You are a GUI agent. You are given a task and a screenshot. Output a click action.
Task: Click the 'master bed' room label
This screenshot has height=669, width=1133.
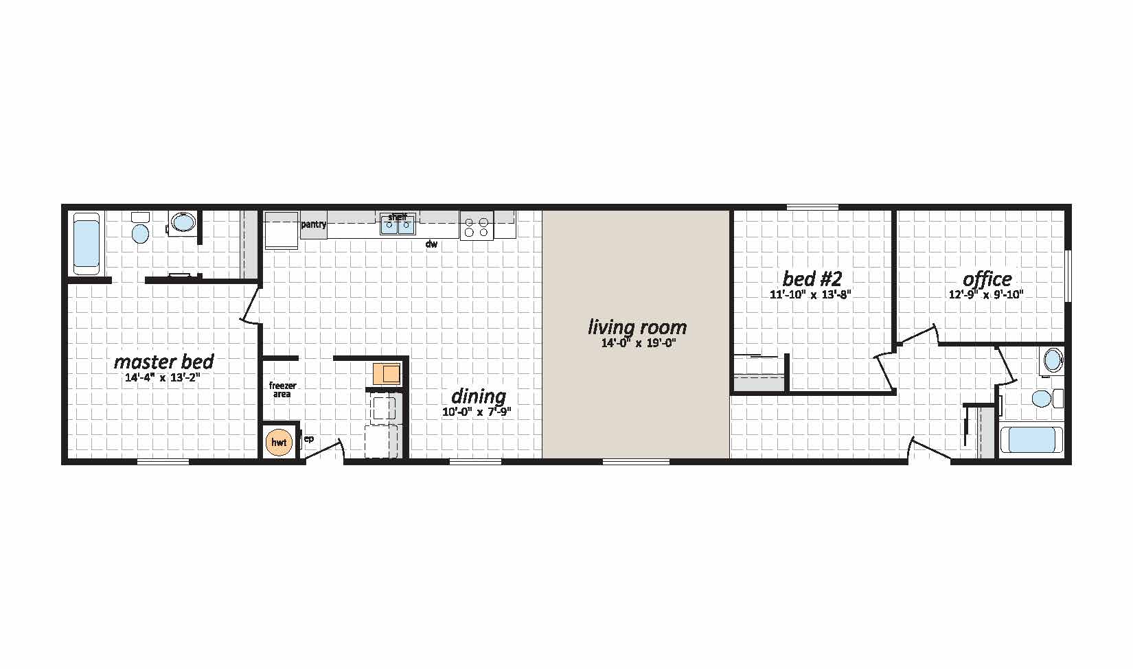click(x=163, y=362)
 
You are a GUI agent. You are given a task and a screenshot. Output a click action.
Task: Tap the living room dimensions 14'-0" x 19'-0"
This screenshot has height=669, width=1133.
click(x=639, y=344)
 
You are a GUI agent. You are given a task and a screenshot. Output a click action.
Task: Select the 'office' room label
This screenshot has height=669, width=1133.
click(x=987, y=279)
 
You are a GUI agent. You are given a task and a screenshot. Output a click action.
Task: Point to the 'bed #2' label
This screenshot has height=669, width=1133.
click(x=812, y=279)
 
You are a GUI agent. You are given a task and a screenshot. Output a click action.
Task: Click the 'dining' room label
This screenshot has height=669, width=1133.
click(x=478, y=396)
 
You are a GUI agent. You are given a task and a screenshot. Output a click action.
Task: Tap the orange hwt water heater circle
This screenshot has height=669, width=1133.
click(x=279, y=443)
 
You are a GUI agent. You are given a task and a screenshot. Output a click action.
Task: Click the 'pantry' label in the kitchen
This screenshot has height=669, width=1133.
click(x=314, y=224)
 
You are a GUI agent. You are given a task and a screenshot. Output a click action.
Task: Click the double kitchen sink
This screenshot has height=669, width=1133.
click(x=398, y=225)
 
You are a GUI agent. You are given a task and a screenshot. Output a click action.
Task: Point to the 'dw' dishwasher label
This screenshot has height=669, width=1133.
click(x=431, y=244)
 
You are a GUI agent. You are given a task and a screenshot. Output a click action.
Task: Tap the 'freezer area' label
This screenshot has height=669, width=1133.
click(x=282, y=390)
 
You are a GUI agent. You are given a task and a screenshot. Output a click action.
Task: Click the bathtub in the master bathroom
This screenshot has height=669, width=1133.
click(x=87, y=244)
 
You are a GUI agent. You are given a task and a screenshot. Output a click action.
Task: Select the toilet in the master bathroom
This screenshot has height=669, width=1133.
click(x=140, y=229)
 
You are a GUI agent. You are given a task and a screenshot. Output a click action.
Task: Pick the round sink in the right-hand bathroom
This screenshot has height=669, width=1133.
click(x=1053, y=360)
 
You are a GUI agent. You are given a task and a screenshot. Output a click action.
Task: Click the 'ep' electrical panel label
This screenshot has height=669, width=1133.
click(x=308, y=439)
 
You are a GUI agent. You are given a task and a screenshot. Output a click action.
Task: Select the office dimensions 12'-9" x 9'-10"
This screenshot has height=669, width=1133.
click(x=986, y=294)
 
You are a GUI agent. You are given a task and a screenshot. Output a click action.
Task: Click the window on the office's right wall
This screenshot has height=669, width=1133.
click(x=1068, y=277)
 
